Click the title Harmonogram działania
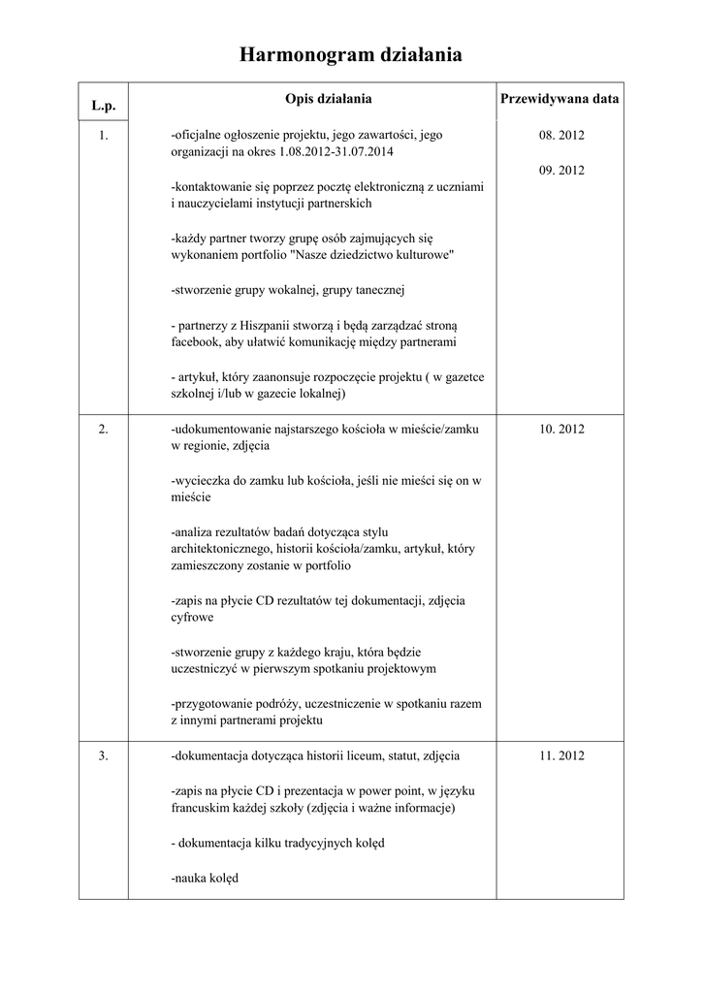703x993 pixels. click(x=350, y=57)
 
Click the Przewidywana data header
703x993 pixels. click(x=559, y=99)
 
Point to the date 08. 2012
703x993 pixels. click(x=561, y=136)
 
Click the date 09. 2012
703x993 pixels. click(x=561, y=171)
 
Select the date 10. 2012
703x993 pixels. click(x=561, y=429)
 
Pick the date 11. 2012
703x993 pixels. click(x=561, y=755)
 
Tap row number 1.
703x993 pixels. click(x=104, y=136)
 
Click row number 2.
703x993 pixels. click(x=104, y=429)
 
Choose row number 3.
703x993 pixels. click(x=104, y=755)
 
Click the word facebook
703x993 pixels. click(x=195, y=343)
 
